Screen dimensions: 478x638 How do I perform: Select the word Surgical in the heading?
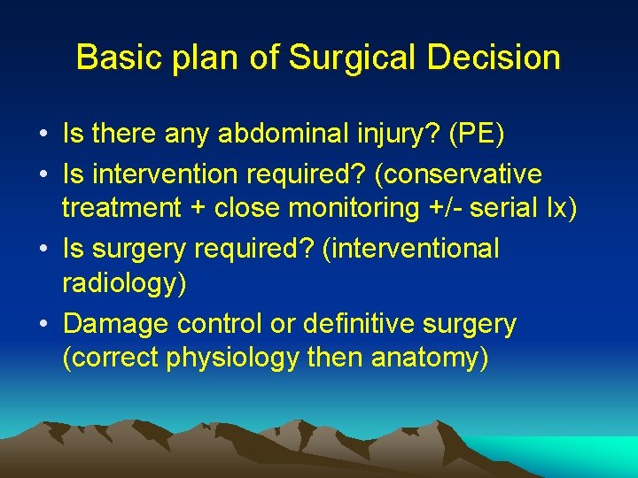point(338,58)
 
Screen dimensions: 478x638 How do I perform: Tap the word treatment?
point(121,210)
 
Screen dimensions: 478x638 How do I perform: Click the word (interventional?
point(412,249)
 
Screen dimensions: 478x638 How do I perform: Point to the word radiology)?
point(117,286)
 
